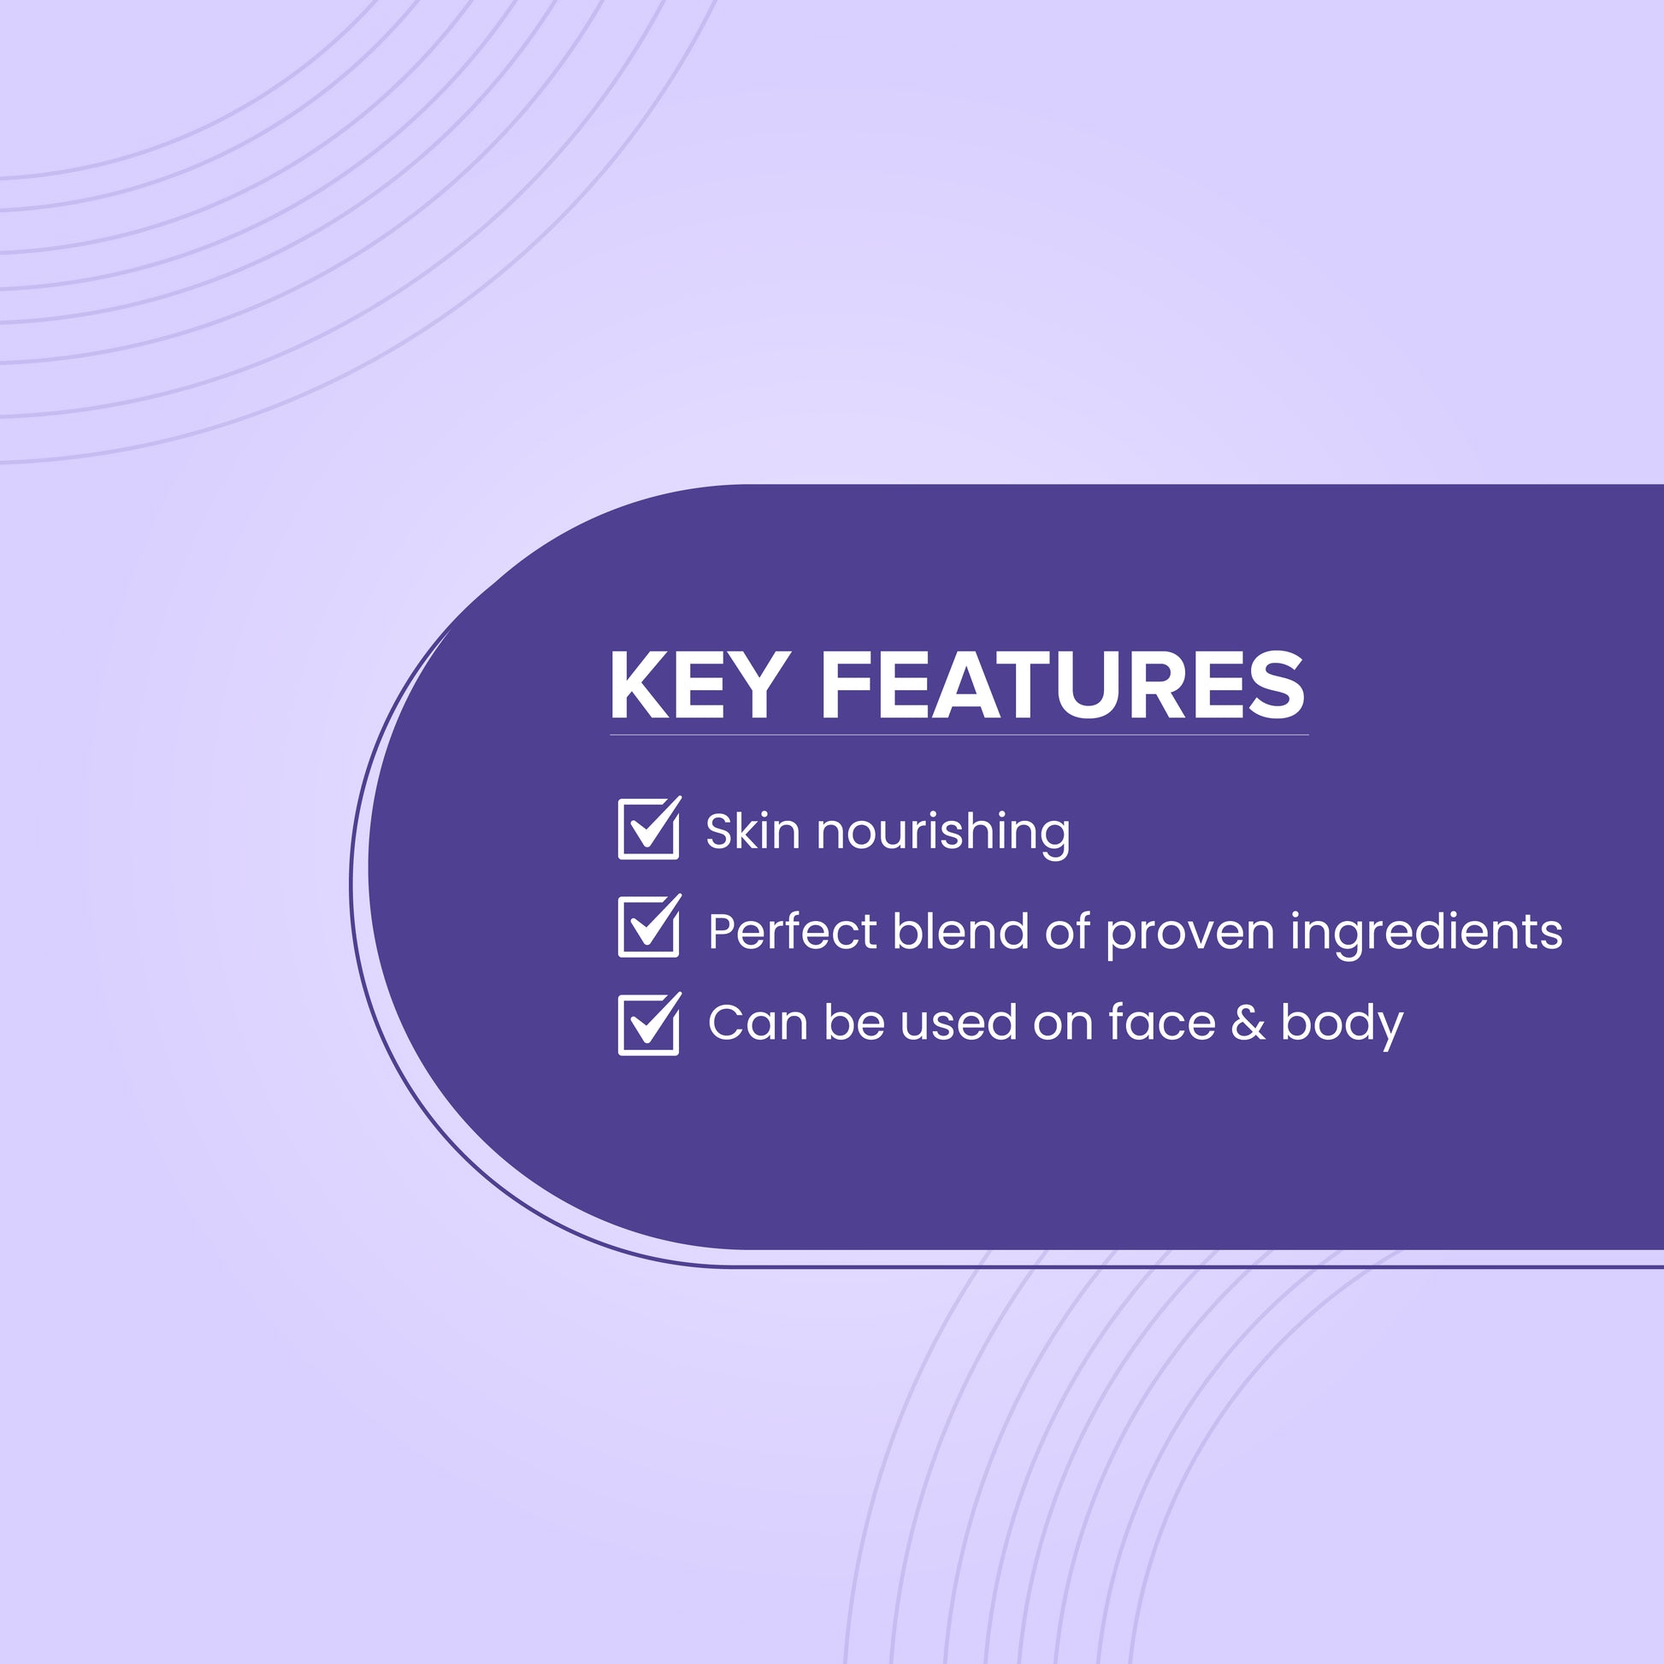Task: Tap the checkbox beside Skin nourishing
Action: [x=649, y=829]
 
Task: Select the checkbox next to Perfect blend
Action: [x=649, y=926]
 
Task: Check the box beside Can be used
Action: [x=649, y=1024]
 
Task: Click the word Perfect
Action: [x=792, y=931]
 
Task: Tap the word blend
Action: [x=960, y=930]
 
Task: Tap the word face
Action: [x=1162, y=1023]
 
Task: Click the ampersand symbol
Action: [x=1248, y=1023]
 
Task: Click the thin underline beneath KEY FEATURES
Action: [x=959, y=735]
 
